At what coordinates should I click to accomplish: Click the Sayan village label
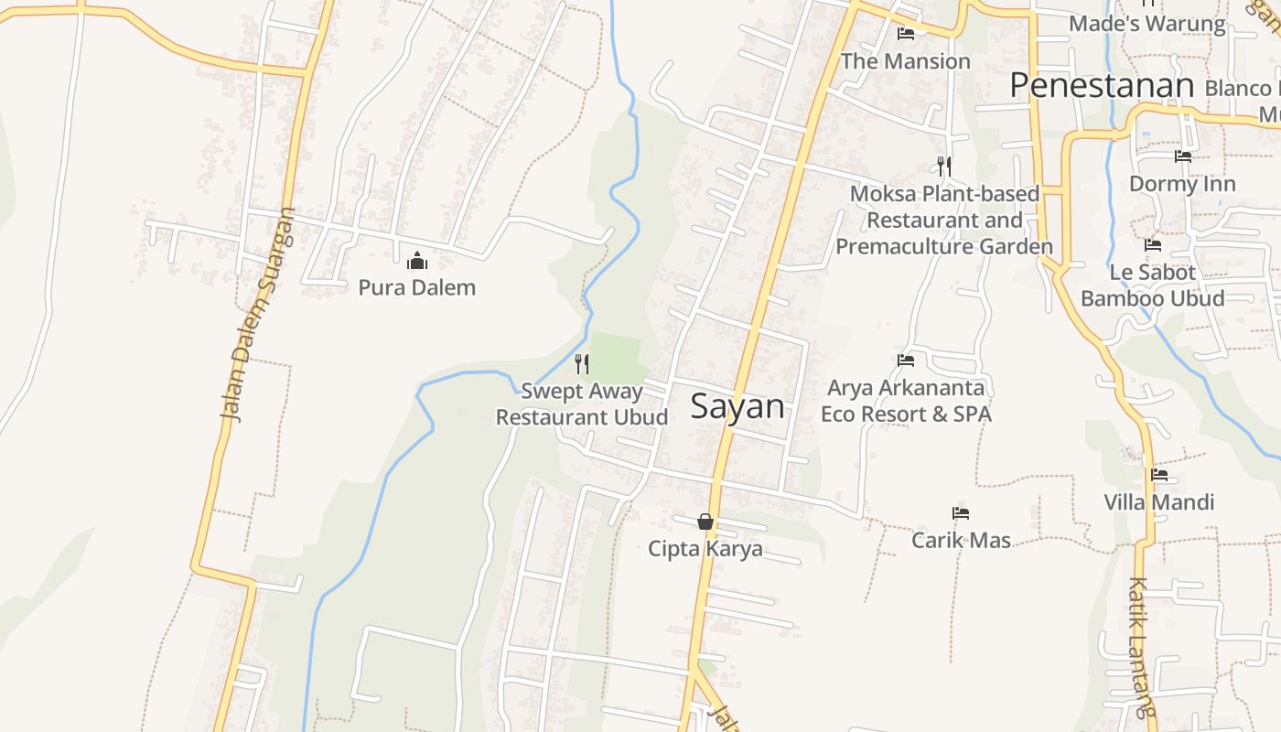[737, 406]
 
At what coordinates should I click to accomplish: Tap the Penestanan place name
[1102, 85]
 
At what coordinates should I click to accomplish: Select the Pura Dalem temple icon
[417, 262]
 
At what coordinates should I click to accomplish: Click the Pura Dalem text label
[417, 287]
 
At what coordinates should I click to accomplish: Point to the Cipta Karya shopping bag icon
[705, 522]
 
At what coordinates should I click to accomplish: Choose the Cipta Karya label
[705, 548]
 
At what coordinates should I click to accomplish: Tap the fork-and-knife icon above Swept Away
[582, 364]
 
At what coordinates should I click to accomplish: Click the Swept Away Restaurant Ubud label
[582, 404]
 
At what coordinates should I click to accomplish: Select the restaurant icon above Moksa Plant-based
[944, 167]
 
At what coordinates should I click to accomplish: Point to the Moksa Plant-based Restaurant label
[944, 221]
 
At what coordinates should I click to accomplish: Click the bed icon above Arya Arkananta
[906, 361]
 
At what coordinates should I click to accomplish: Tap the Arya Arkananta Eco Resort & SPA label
[906, 401]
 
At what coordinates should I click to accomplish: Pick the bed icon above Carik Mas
[961, 513]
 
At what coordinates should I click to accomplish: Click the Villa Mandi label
[1159, 501]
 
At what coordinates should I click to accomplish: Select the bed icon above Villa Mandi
[1159, 475]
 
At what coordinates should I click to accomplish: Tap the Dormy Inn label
[1182, 184]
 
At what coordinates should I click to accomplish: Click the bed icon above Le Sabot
[1153, 245]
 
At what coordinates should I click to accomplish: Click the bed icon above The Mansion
[906, 34]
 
